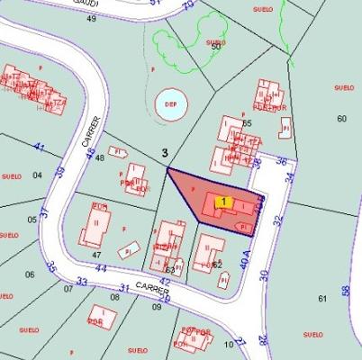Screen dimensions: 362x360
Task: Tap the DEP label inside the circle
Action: (170, 103)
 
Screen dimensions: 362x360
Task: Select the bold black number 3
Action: (164, 153)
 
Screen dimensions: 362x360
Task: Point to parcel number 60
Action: (341, 119)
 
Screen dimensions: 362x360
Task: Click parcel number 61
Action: (322, 298)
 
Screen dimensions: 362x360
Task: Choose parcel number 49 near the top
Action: (91, 18)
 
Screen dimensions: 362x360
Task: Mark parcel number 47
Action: (95, 256)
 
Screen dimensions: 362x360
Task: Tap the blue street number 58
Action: (346, 291)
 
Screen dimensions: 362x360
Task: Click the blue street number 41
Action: (38, 146)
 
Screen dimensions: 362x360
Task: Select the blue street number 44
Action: (100, 268)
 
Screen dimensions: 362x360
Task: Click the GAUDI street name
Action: (83, 3)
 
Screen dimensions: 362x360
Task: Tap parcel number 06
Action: (30, 274)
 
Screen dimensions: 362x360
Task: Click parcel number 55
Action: (247, 122)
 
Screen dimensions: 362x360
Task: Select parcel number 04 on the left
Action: (37, 175)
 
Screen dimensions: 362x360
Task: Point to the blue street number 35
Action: (51, 267)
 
